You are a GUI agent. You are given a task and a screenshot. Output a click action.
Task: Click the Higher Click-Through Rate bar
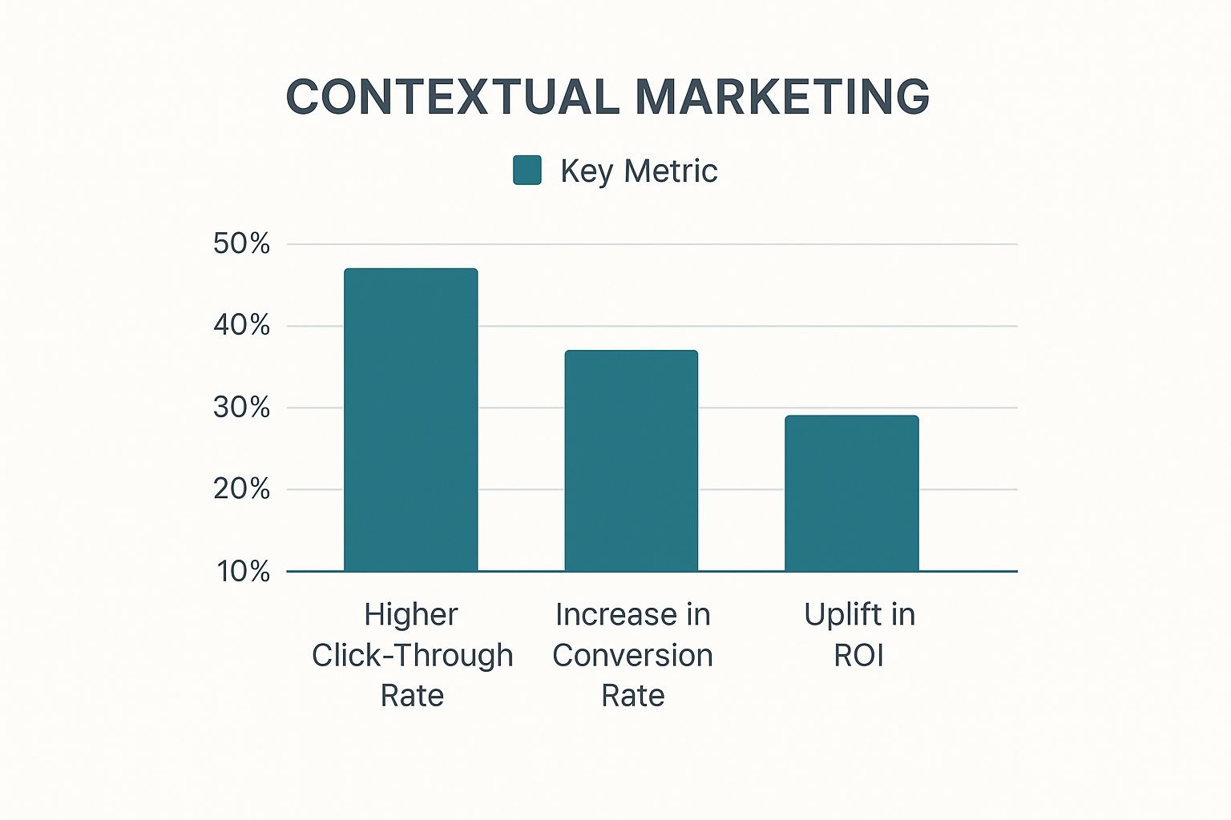(x=410, y=420)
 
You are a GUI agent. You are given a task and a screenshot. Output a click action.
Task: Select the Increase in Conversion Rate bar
(x=631, y=460)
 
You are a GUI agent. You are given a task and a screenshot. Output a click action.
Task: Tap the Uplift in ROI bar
(x=851, y=493)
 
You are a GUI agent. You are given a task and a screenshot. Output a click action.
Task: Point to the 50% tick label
(x=241, y=243)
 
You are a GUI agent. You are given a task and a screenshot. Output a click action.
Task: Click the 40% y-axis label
(x=241, y=325)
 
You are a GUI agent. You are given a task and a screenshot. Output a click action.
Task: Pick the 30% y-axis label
(x=241, y=408)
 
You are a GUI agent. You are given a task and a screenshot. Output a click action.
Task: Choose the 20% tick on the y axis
(x=241, y=488)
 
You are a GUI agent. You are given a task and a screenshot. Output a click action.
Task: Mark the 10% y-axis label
(x=243, y=571)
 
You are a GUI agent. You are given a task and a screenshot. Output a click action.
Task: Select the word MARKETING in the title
(x=782, y=97)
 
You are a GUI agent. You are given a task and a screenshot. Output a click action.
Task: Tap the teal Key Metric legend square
(x=527, y=171)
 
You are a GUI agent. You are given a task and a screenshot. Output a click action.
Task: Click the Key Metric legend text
(x=639, y=171)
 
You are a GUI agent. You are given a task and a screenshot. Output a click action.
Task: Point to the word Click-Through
(x=412, y=655)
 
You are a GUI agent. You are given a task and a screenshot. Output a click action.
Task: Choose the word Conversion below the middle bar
(x=632, y=655)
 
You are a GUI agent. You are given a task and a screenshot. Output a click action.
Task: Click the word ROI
(x=858, y=655)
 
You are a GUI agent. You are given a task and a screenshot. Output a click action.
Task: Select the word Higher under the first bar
(x=410, y=615)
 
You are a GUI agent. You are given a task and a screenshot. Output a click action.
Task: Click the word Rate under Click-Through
(x=412, y=695)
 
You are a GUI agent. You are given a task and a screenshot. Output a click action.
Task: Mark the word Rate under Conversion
(x=633, y=695)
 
